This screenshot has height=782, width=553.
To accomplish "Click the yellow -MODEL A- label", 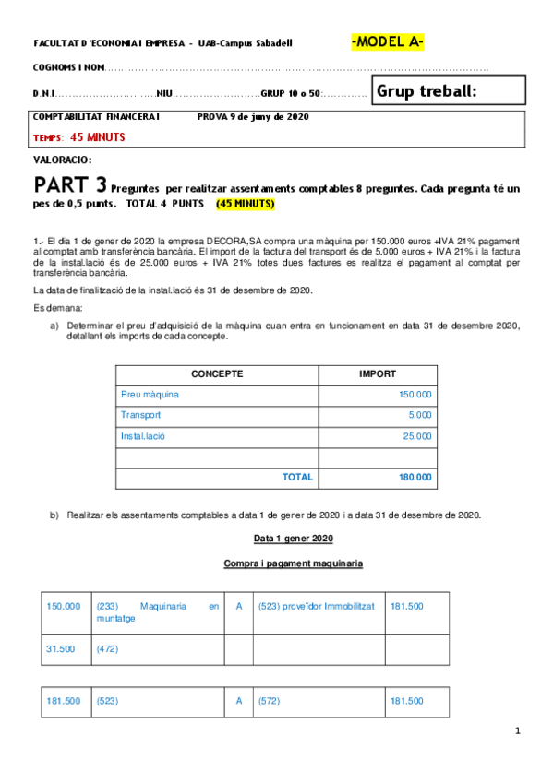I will [387, 42].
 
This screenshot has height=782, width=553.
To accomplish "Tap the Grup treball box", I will [449, 90].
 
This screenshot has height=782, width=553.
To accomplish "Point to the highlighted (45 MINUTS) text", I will [245, 203].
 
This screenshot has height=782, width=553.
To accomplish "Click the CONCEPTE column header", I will [217, 374].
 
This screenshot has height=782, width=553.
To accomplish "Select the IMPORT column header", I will [377, 374].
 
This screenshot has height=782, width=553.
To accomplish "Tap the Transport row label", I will [140, 415].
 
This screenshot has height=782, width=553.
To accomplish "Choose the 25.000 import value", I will [417, 436].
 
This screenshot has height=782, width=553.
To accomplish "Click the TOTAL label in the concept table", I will [297, 478].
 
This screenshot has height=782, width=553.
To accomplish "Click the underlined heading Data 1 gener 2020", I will [294, 538].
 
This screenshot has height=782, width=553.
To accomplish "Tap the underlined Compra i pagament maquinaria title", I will [293, 563].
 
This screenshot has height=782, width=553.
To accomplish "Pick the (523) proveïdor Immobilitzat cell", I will [315, 606].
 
